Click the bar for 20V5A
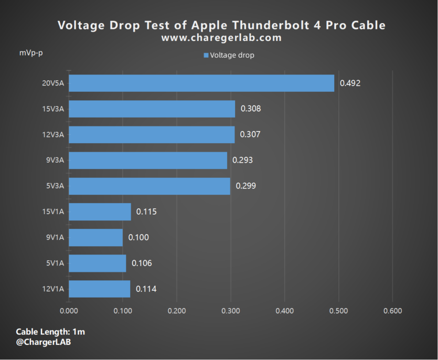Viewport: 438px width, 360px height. tap(201, 83)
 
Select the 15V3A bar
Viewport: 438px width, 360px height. tap(152, 109)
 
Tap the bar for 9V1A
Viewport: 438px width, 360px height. tap(95, 237)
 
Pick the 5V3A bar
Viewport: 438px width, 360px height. tap(149, 186)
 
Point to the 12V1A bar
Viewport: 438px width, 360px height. tap(100, 289)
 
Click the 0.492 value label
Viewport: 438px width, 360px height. tap(350, 83)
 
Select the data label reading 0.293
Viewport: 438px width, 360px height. tap(243, 160)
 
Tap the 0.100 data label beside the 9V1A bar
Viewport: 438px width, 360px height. tap(138, 237)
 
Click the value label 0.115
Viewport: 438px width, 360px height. tap(146, 211)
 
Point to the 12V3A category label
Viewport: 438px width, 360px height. tap(54, 134)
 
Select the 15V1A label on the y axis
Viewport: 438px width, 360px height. tap(54, 211)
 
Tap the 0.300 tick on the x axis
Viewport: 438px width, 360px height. tap(230, 311)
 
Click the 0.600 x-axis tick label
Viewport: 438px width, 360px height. tap(392, 311)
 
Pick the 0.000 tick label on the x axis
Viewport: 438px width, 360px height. tap(69, 311)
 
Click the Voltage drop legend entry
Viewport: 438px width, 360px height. tap(229, 55)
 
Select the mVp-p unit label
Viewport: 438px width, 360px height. tap(31, 54)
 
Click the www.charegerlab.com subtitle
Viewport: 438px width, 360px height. tap(221, 38)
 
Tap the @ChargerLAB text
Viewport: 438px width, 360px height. tap(44, 342)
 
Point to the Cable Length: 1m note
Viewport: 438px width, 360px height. tap(50, 332)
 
